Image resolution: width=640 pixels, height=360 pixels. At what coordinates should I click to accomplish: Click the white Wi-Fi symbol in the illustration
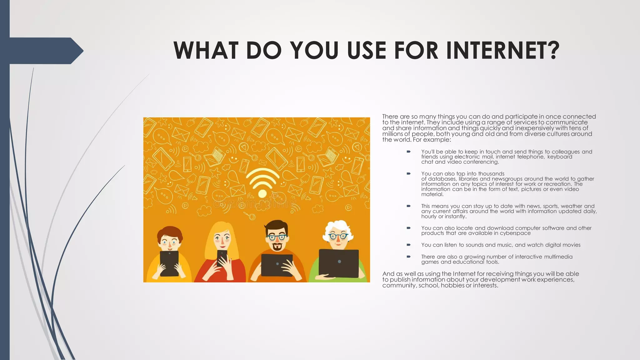point(262,183)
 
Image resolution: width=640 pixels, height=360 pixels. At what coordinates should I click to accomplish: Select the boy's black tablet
point(169,263)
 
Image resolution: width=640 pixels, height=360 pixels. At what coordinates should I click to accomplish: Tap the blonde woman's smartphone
point(222,257)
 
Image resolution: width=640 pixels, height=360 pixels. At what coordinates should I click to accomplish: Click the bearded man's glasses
point(277,237)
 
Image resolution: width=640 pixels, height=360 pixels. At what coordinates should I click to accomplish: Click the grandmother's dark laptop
point(339,263)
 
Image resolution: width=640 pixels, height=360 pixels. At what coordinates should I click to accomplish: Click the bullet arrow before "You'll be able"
point(408,152)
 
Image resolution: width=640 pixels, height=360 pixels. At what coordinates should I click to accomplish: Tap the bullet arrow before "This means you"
point(408,206)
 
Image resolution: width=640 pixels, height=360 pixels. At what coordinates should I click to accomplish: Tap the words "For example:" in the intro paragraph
point(432,140)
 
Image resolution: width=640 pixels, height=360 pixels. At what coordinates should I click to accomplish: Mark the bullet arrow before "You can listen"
point(408,245)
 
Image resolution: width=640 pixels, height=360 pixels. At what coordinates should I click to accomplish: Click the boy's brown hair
point(170,232)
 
